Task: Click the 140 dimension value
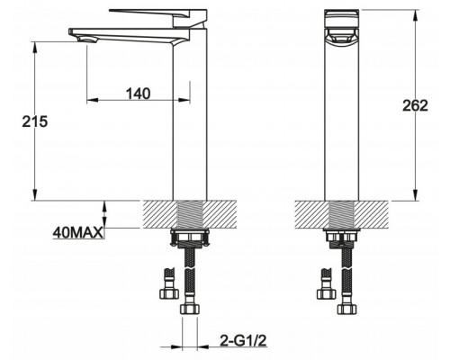[x=138, y=94]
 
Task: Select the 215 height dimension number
[x=35, y=121]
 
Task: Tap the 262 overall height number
[x=415, y=105]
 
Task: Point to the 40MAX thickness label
[x=77, y=232]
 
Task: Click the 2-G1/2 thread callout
[x=243, y=340]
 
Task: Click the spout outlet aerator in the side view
[x=87, y=40]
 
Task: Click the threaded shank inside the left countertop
[x=190, y=214]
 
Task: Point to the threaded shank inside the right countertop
[x=342, y=214]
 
